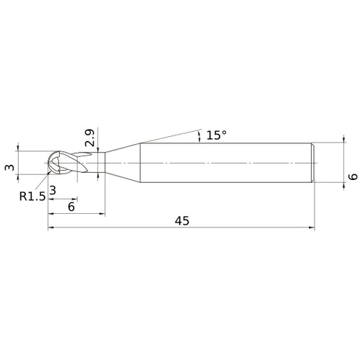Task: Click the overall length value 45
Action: tap(182, 221)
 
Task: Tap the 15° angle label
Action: tap(216, 135)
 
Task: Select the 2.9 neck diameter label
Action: tap(89, 138)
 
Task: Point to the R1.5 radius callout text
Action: tap(32, 197)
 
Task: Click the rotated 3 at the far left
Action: tap(10, 167)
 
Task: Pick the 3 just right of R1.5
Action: tap(53, 190)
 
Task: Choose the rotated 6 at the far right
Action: tap(353, 177)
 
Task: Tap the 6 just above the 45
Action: tap(71, 207)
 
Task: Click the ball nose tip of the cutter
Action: tap(48, 163)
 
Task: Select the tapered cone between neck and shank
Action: tap(123, 163)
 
